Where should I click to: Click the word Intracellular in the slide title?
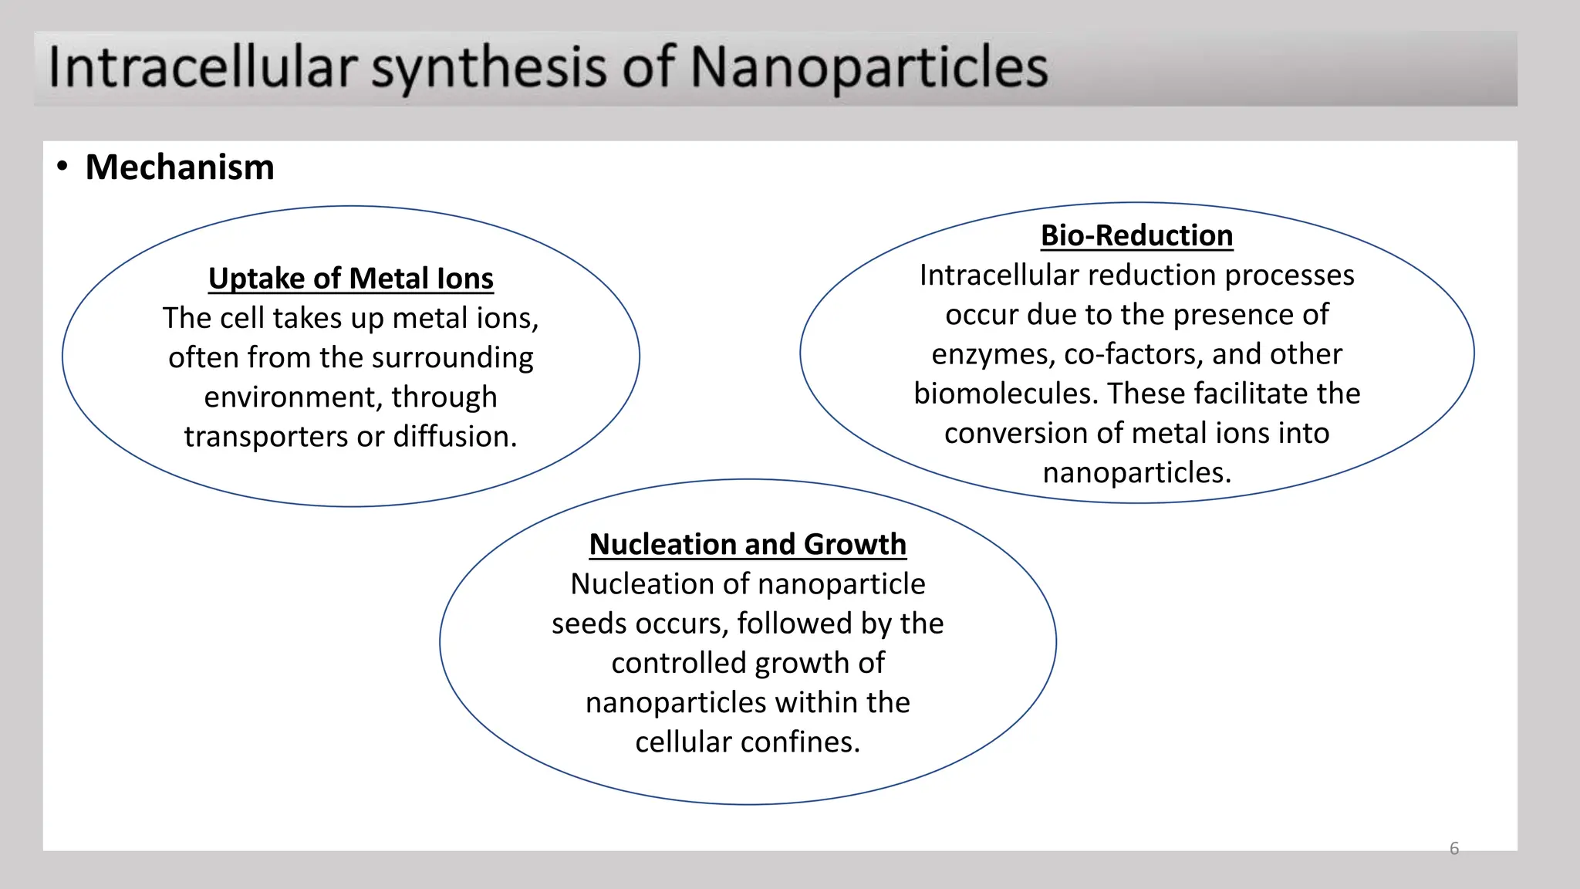tap(203, 67)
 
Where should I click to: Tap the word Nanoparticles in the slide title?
tap(869, 67)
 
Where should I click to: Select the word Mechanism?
tap(180, 167)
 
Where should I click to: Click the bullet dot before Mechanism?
tap(62, 166)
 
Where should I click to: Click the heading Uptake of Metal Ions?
tap(351, 279)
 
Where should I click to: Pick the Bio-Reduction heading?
tap(1136, 235)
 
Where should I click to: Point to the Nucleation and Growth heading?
tap(748, 544)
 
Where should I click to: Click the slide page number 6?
tap(1454, 849)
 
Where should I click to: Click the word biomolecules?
tap(1005, 394)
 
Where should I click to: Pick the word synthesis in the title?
tap(489, 67)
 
